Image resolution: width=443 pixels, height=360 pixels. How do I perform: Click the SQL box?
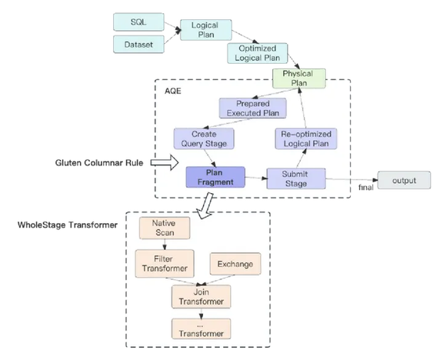(138, 22)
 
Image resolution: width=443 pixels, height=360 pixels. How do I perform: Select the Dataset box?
(138, 45)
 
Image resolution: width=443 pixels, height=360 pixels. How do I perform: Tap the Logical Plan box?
(206, 30)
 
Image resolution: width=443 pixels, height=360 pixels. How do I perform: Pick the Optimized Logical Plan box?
(258, 53)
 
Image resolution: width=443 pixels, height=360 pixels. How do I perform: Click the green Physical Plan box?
(299, 78)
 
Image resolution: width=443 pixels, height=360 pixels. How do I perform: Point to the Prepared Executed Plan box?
(253, 108)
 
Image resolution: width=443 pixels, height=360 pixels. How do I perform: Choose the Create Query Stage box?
(204, 138)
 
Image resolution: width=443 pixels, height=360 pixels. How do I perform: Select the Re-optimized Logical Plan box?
(306, 138)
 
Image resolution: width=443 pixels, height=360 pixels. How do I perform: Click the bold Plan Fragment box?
(215, 177)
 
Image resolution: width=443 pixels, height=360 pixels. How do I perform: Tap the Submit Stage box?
(296, 178)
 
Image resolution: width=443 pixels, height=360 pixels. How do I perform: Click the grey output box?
(405, 180)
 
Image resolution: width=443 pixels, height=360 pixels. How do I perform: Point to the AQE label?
(173, 91)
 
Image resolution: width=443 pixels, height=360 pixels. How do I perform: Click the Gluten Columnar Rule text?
(99, 163)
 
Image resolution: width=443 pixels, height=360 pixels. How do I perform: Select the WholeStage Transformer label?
(68, 225)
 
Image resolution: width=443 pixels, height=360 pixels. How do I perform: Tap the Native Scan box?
(165, 228)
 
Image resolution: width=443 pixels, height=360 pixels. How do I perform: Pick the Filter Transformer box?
(165, 264)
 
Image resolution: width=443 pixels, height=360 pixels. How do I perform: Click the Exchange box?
(235, 264)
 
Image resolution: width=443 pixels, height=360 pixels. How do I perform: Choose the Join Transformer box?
(202, 297)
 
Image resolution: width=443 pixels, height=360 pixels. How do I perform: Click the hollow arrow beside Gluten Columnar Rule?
(165, 162)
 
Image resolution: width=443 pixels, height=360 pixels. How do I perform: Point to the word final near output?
(366, 188)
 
